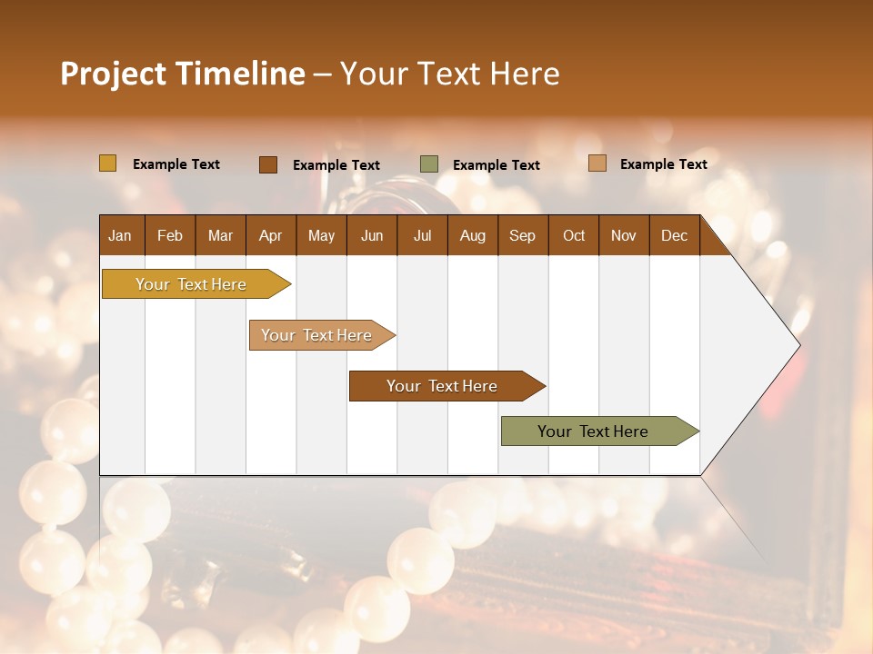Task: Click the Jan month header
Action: [120, 235]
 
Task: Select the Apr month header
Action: [270, 235]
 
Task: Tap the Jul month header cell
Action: [422, 235]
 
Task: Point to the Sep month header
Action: [522, 235]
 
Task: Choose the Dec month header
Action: [674, 235]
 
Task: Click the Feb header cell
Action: [170, 235]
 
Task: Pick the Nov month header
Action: [623, 235]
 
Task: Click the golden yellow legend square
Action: [108, 163]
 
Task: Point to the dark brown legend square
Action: [268, 164]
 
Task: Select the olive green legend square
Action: [429, 164]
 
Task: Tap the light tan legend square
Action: [597, 163]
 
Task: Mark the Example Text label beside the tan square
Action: [663, 164]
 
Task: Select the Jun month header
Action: [372, 235]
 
